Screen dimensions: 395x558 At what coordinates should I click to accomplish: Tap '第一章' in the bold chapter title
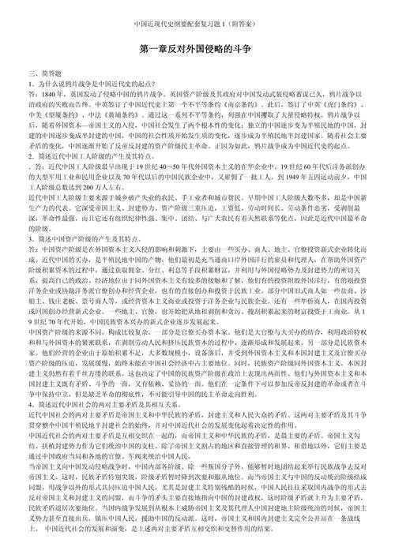pyautogui.click(x=154, y=49)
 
